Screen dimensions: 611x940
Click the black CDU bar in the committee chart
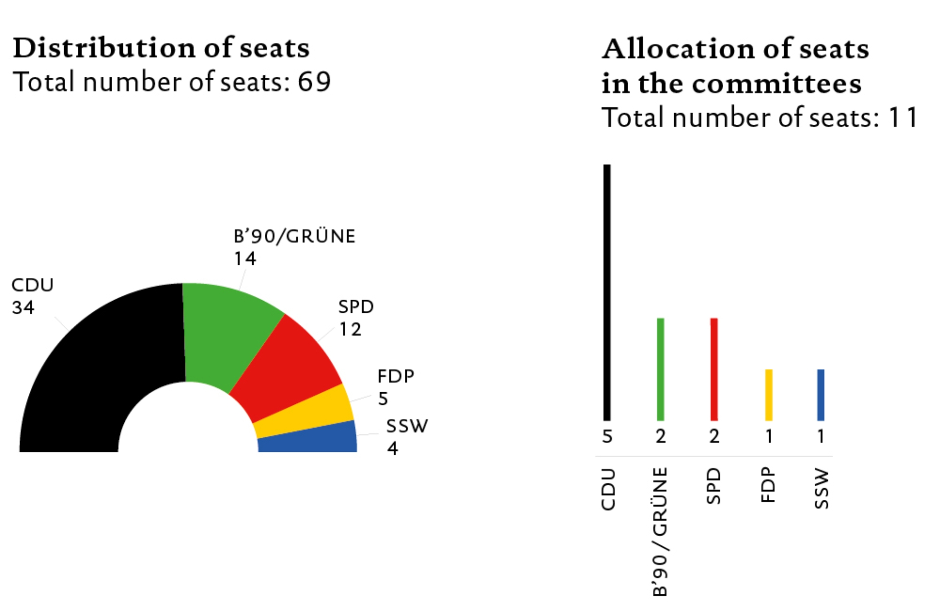607,294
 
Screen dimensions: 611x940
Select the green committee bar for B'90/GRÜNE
660,370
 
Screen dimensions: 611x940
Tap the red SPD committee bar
714,370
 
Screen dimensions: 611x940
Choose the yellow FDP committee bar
769,395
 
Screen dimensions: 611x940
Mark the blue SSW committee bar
821,395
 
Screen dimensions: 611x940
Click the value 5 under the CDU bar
607,436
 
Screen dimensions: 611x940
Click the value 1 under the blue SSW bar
821,436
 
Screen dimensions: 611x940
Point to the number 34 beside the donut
23,308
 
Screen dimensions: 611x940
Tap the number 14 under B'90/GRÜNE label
245,258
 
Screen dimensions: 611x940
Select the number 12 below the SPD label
351,329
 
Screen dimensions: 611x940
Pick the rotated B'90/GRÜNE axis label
660,531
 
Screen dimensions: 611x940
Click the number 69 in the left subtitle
314,81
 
